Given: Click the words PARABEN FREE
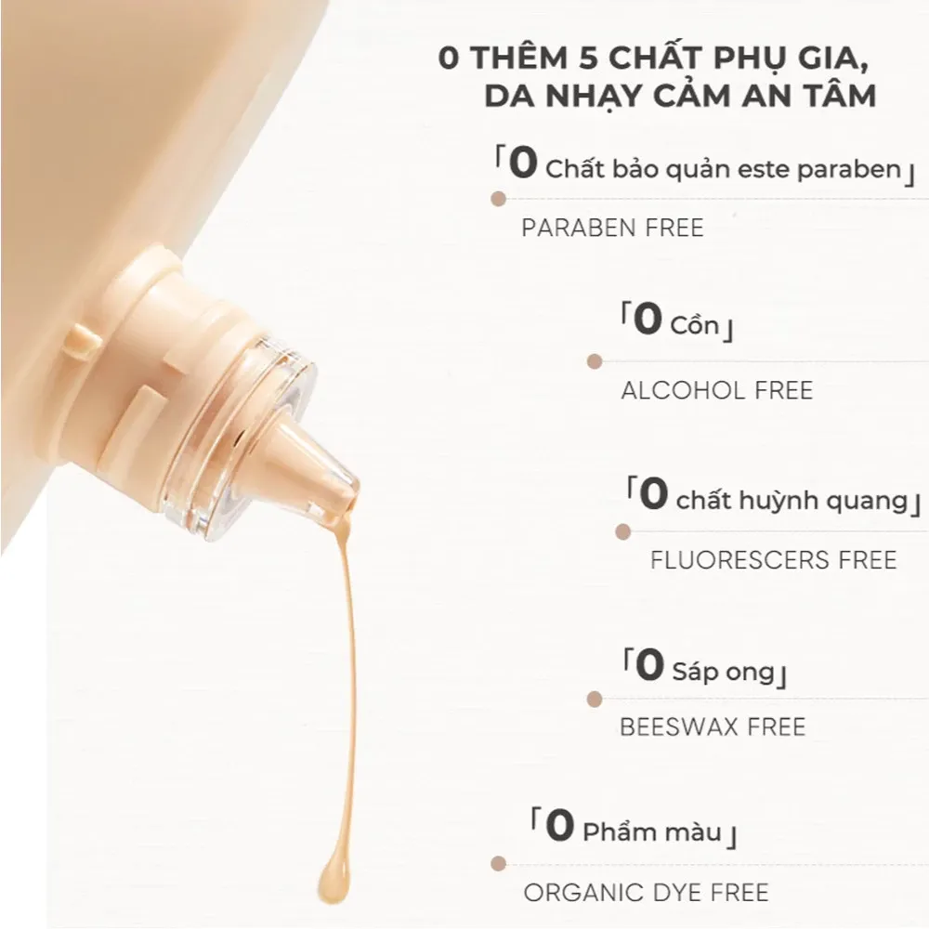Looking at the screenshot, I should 612,229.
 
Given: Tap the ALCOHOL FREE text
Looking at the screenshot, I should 716,390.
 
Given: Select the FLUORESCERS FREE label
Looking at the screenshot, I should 774,560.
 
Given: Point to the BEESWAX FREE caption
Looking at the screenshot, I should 713,726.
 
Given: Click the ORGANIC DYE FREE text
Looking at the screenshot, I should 647,894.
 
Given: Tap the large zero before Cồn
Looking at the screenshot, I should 648,321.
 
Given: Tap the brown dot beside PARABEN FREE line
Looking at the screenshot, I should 499,199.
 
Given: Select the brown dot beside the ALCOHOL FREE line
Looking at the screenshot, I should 595,361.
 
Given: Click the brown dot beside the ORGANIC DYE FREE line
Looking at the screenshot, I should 499,864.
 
